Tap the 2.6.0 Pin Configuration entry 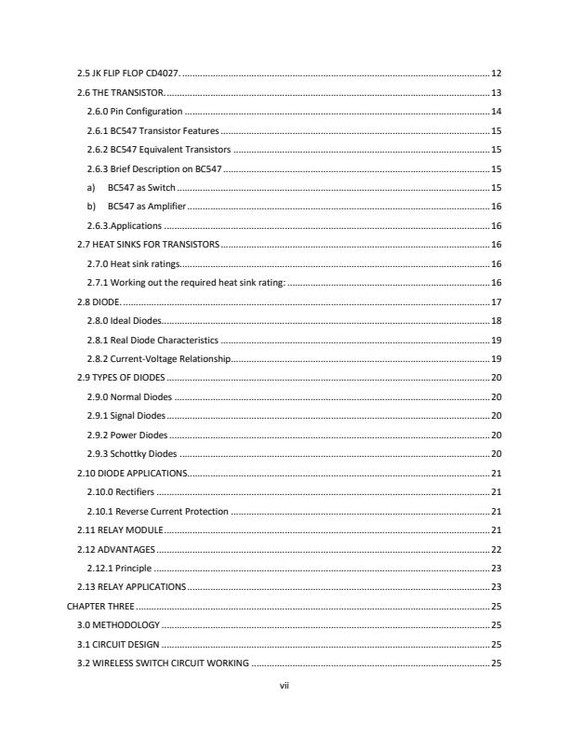coord(133,112)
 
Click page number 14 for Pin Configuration coord(496,112)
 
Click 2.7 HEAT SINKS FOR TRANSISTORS coord(148,245)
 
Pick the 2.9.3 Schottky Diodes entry coord(130,454)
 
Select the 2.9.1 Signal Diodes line coord(126,416)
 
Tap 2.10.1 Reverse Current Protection coord(156,512)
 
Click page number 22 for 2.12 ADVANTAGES coord(496,550)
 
